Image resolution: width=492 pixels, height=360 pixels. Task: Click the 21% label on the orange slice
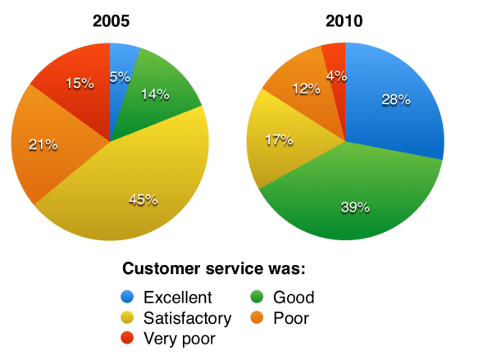(43, 144)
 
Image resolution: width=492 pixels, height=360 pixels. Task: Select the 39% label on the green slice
(354, 207)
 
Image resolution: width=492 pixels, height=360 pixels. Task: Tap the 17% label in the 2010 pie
(278, 139)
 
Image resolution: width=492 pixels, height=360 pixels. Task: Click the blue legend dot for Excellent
(130, 298)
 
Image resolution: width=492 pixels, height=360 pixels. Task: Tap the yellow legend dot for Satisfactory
(130, 317)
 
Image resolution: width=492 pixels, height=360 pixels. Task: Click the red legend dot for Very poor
(130, 337)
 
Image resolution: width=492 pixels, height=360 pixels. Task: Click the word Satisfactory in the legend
(186, 317)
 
